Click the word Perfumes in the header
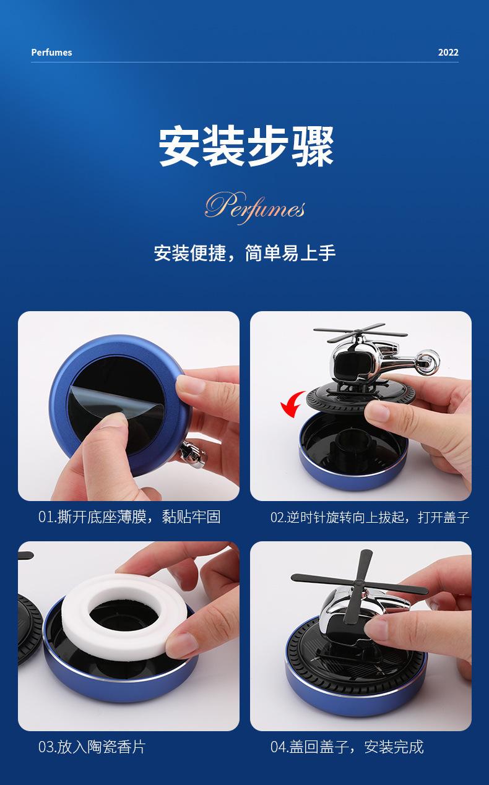51,52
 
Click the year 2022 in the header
448,52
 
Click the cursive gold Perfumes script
254,207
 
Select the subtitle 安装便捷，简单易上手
244,252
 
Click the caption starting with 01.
129,517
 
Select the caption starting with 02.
370,517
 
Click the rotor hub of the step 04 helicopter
358,584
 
